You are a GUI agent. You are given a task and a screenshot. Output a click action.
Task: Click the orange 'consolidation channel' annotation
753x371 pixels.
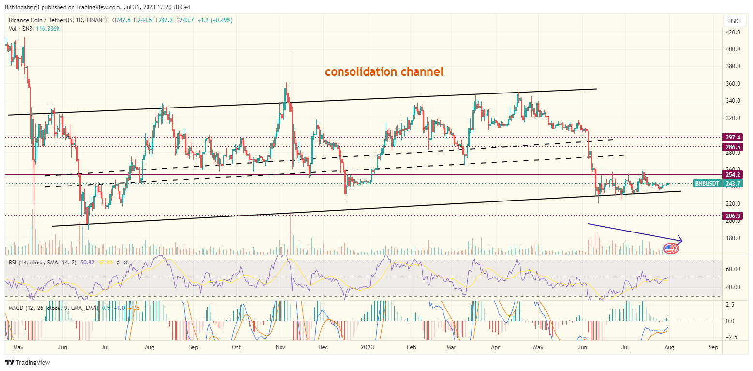(x=384, y=72)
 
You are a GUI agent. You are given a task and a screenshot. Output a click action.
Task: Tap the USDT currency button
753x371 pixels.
(x=735, y=21)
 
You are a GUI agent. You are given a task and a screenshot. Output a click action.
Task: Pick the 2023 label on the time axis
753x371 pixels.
(x=368, y=347)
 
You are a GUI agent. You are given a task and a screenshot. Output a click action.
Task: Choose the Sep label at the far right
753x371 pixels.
(x=713, y=347)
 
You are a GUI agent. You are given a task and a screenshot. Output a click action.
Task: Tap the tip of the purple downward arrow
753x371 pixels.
(x=682, y=239)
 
